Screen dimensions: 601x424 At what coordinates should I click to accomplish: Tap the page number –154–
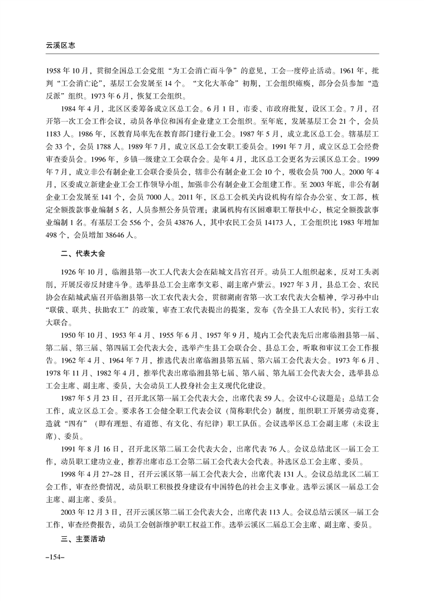56,558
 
